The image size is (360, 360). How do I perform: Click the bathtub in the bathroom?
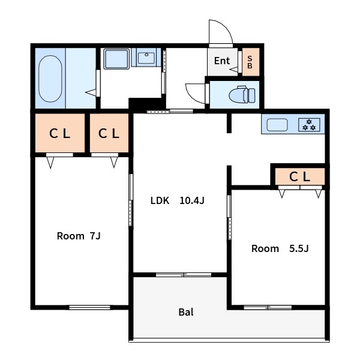click(x=50, y=79)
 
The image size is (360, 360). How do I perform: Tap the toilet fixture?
click(x=242, y=95)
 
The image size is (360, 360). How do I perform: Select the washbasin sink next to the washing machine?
click(x=146, y=58)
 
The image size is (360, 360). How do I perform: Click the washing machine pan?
click(x=116, y=59)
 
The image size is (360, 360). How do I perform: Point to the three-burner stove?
click(x=309, y=124)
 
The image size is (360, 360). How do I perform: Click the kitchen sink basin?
click(x=277, y=125)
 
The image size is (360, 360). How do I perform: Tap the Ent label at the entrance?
click(x=222, y=61)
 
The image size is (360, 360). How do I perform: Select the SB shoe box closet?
click(x=251, y=62)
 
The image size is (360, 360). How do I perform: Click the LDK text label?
click(x=160, y=200)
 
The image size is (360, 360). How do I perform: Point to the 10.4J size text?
click(x=192, y=200)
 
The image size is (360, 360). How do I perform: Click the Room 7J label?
click(x=79, y=236)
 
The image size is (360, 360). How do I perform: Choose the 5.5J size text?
click(x=299, y=248)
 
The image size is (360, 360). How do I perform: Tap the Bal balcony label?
click(x=186, y=312)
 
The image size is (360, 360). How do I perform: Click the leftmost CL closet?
click(x=59, y=133)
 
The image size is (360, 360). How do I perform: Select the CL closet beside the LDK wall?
click(x=109, y=133)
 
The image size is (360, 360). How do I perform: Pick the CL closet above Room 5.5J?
click(x=300, y=176)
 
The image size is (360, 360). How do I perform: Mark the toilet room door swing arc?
click(x=191, y=96)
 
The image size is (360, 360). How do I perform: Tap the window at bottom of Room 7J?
click(x=89, y=307)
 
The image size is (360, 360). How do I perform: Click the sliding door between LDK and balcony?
click(x=184, y=275)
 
